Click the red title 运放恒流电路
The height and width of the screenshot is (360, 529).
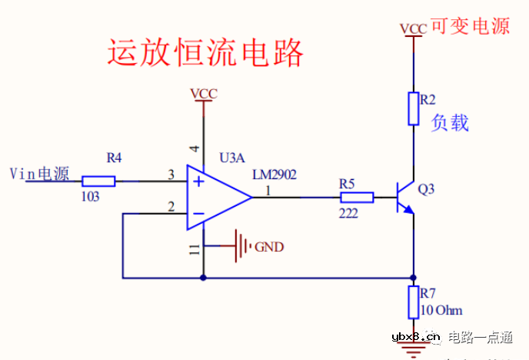205,53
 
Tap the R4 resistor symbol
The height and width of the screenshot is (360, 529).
98,182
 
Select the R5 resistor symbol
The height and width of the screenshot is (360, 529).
357,198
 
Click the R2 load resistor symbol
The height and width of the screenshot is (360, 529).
414,108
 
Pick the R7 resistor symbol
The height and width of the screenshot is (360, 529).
414,302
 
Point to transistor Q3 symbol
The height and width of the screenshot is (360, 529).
404,198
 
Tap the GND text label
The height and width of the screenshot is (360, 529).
269,247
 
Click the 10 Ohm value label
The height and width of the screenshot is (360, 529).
441,311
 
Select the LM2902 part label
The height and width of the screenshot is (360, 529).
274,175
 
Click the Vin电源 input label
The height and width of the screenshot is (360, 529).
39,174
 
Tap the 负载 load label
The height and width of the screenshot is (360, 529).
450,123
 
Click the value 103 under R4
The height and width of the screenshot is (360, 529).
91,197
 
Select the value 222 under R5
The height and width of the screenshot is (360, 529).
348,213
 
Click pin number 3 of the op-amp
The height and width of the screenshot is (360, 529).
171,175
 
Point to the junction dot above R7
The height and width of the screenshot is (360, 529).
414,277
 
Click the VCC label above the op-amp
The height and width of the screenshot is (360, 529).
204,94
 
